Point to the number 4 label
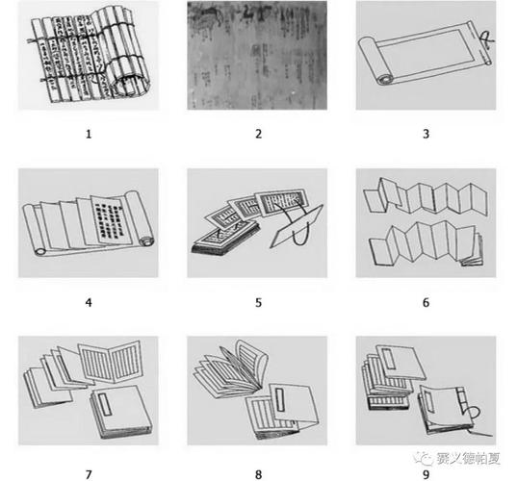click(89, 302)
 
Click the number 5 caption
click(258, 302)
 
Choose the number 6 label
click(426, 302)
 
